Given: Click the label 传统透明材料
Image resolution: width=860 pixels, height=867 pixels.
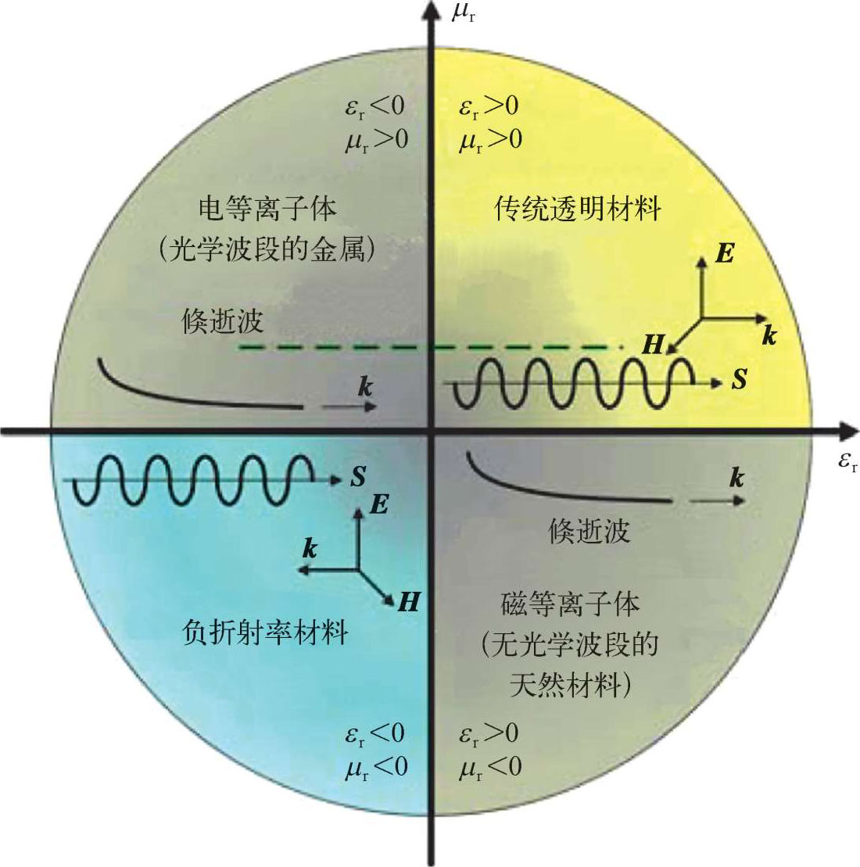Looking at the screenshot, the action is coord(577,209).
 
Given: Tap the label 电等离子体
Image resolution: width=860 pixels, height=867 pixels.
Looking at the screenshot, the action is coord(267,209).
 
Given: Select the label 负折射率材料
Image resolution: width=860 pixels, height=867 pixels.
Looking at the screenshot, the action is coord(265,632).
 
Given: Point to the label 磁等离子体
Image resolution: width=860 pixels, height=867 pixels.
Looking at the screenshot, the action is coord(570,604).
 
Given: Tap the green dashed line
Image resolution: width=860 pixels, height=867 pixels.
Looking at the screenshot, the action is coord(431,347).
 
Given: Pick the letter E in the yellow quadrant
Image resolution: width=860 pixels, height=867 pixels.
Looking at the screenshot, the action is coord(725,253).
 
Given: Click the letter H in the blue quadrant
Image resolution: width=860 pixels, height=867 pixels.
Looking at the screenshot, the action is coord(409,602).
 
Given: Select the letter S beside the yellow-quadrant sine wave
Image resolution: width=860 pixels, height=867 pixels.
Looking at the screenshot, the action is coord(740,380).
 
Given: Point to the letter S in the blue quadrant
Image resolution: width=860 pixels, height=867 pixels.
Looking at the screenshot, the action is coord(358,476).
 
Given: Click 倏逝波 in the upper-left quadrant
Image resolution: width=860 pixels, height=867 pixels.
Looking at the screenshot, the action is coord(222,321).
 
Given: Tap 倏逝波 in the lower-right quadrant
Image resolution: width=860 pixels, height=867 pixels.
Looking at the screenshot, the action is coord(589,532).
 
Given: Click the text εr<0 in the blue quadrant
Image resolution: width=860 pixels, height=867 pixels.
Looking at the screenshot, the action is coord(375,734).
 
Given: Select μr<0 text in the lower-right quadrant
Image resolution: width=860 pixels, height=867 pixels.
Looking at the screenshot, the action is coord(490,768).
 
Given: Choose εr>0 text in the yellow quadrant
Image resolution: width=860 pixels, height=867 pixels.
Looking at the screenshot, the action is coord(489,106).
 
